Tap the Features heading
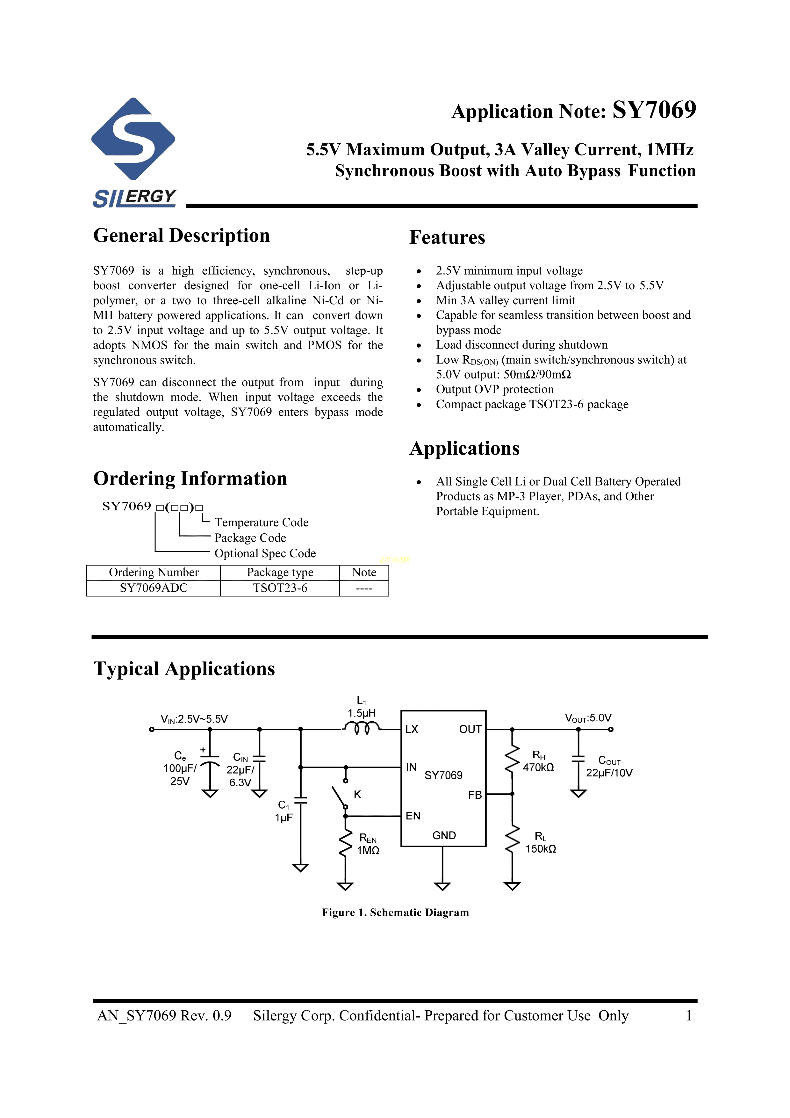click(x=447, y=238)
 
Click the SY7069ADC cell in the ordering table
click(x=153, y=588)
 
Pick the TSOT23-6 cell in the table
click(x=280, y=588)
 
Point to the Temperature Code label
click(x=262, y=523)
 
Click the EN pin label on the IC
click(x=413, y=816)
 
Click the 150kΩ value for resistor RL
click(x=540, y=849)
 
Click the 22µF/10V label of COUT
click(x=609, y=773)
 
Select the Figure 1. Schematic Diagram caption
click(x=395, y=912)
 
